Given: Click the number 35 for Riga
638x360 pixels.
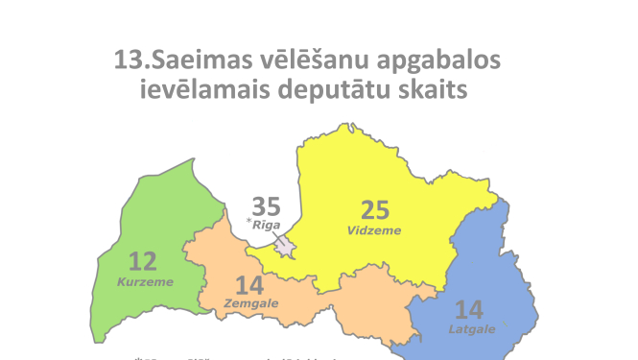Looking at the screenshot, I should [x=266, y=206].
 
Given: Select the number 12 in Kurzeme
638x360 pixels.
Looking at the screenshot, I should [x=142, y=261].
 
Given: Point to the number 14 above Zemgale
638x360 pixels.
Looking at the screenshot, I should [x=248, y=285].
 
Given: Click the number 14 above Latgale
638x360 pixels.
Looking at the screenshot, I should [x=469, y=310].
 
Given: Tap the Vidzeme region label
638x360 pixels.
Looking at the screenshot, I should [x=373, y=230].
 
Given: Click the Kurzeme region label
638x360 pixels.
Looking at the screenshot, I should [x=145, y=281].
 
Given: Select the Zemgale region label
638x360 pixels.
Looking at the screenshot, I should [x=250, y=303].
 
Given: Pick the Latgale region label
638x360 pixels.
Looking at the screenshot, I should [x=471, y=329].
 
